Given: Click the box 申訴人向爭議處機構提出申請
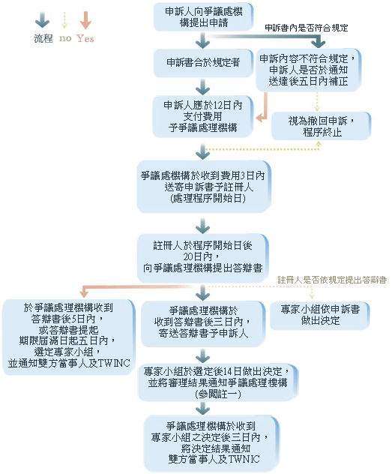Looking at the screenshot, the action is [x=203, y=17].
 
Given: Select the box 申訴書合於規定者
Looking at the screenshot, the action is [x=203, y=63].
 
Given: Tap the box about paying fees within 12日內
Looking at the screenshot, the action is [x=203, y=116].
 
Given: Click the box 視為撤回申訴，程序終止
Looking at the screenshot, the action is [x=321, y=126].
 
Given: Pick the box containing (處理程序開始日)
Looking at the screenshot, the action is [x=204, y=187].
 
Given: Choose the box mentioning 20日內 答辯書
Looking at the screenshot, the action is [x=203, y=258].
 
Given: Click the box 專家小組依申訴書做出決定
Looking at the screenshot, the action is [x=320, y=315].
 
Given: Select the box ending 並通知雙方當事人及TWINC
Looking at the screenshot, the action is [x=68, y=337].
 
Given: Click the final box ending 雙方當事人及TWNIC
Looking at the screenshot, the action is [x=211, y=443].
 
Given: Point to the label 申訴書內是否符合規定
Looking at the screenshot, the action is [x=307, y=28].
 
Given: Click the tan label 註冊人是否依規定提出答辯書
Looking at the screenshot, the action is [x=332, y=280].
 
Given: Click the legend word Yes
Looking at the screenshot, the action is [x=85, y=38].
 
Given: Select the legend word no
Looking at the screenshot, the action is [x=65, y=38].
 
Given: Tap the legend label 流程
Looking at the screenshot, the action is [x=43, y=38].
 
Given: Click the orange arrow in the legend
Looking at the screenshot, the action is [x=85, y=20].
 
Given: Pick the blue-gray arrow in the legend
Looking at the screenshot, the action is [x=42, y=20].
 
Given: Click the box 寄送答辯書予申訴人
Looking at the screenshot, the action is [x=203, y=324].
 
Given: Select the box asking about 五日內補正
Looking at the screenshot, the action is [x=308, y=70].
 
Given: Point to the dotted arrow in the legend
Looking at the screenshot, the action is [x=64, y=20].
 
